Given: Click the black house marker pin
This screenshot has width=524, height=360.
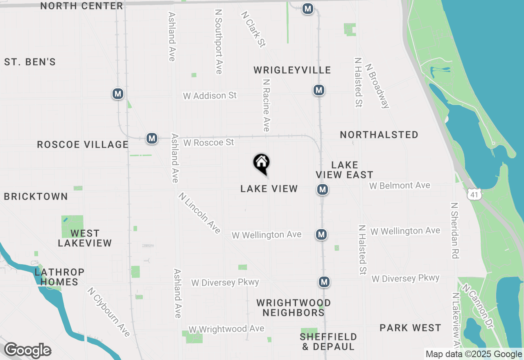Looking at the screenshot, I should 261,163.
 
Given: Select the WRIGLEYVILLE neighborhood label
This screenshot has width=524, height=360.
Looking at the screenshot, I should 292,70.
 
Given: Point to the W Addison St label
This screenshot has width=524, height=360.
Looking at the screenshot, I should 210,96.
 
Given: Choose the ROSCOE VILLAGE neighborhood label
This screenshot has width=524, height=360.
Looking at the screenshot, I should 83,144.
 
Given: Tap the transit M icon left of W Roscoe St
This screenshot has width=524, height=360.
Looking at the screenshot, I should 152,138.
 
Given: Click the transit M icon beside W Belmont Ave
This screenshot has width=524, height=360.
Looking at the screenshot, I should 323,189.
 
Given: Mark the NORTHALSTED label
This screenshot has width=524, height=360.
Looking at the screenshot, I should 379,135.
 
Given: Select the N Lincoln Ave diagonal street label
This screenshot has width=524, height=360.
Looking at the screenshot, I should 199,213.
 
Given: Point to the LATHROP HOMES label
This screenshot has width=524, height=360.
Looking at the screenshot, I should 59,277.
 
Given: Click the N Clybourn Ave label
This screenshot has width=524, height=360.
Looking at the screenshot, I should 108,312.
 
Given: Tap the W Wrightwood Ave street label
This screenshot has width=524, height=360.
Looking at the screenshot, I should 226,329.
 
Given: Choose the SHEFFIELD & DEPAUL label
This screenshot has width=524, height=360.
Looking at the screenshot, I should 328,342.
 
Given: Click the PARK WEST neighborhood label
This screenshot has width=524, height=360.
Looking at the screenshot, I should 410,328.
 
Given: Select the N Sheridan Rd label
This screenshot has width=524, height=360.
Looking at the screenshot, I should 455,230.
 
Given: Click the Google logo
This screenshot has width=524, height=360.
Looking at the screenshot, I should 27,351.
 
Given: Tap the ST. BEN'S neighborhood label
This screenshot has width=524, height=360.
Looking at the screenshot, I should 30,62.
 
